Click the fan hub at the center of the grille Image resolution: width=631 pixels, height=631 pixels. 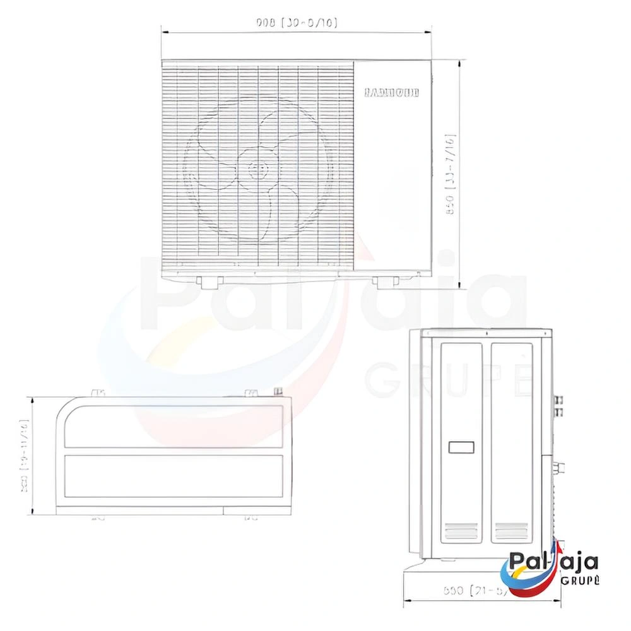pyautogui.click(x=257, y=169)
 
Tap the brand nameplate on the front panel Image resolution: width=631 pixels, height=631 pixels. pyautogui.click(x=392, y=93)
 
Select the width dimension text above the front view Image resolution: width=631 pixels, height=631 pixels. pyautogui.click(x=297, y=23)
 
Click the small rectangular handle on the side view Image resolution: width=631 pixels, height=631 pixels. pyautogui.click(x=461, y=447)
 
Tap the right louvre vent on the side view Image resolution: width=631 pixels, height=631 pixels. pyautogui.click(x=510, y=531)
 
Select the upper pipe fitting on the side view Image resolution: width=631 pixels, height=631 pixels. pyautogui.click(x=558, y=399)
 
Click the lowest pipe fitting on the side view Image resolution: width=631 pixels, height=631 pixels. pyautogui.click(x=558, y=469)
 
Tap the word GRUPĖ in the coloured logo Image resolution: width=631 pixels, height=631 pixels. pyautogui.click(x=579, y=581)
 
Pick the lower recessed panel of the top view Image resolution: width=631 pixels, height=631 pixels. pyautogui.click(x=174, y=476)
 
